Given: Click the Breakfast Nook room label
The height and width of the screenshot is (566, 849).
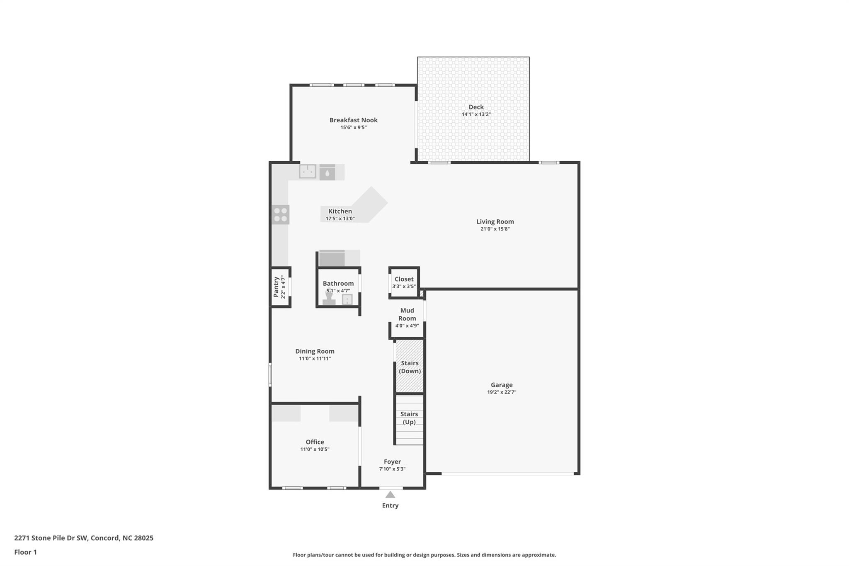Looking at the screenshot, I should [353, 120].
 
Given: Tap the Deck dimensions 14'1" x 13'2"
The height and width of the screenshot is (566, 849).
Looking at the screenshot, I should [476, 114].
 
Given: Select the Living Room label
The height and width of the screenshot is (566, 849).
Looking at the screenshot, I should [495, 222].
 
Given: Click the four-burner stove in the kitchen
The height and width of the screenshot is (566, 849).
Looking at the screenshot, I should [281, 215].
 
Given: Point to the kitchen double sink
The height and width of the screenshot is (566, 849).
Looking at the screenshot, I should [308, 171].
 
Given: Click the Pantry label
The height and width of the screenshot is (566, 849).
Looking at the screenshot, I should [276, 287].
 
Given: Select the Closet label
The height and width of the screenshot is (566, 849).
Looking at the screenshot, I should [404, 279].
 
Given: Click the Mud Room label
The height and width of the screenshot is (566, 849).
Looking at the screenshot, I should [407, 314].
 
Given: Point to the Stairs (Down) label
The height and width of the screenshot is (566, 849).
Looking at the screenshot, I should [410, 367].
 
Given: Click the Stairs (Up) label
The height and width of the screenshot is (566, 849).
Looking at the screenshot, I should [409, 418].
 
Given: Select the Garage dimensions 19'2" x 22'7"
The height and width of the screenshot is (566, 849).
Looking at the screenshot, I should [501, 392].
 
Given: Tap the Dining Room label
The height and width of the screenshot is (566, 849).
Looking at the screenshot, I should [315, 351].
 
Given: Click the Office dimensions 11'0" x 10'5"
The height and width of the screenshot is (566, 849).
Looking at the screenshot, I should [315, 449].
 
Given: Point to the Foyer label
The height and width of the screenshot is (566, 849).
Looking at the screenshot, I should [392, 462].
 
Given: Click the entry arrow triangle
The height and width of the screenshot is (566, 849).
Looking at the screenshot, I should [390, 495].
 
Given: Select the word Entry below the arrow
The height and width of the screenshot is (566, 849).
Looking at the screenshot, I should [390, 505].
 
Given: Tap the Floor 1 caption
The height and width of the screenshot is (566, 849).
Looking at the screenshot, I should [25, 552].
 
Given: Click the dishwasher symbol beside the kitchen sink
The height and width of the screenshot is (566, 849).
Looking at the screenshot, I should [327, 172].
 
